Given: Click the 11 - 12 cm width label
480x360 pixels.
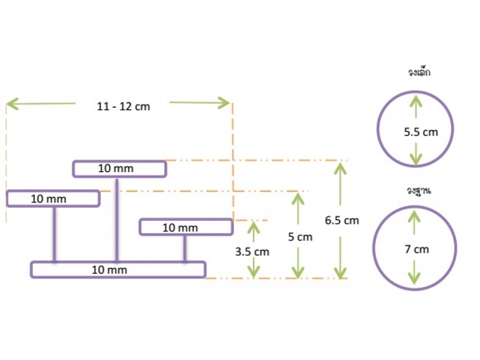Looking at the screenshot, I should click(123, 107).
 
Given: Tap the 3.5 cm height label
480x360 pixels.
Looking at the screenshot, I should click(252, 251).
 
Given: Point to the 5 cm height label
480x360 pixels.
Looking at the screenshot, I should click(300, 237).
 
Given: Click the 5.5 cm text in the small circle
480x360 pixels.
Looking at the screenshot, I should click(421, 132).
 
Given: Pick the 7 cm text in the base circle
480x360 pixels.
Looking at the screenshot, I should click(417, 249).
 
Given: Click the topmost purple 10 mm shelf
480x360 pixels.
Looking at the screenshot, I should click(119, 169).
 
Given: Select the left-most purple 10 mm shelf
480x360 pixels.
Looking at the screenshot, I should click(53, 198).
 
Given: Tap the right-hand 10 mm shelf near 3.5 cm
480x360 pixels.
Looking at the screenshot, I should click(186, 227).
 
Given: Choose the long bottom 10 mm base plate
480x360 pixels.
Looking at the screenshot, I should click(118, 270).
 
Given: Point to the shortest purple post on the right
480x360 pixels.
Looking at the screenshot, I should click(185, 249).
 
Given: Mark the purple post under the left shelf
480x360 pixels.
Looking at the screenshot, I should click(54, 234).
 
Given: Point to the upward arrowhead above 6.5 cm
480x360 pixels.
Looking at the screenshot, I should click(338, 167).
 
